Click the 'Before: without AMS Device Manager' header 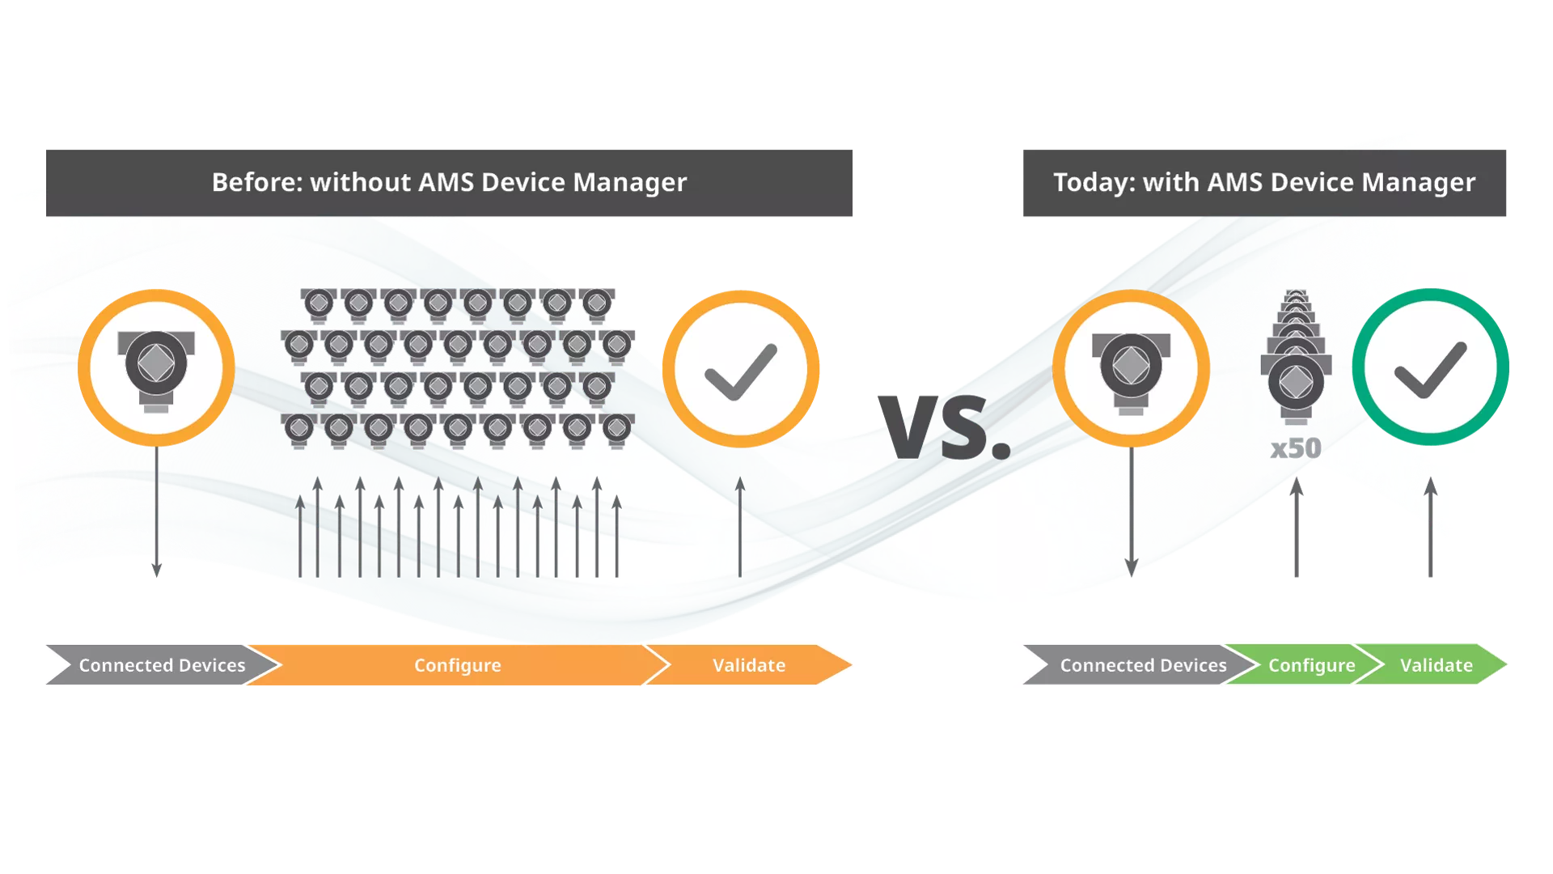(449, 183)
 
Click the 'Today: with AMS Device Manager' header (1264, 183)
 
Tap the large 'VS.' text (945, 427)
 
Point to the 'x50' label (1296, 448)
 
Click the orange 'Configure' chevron (458, 665)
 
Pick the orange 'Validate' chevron (748, 665)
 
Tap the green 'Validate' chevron (1432, 665)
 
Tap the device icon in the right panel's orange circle (1131, 373)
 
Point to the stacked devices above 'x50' (1296, 357)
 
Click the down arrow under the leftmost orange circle (157, 511)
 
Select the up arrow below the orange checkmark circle (740, 527)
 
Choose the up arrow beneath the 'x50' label (1297, 527)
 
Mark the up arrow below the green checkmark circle (1431, 527)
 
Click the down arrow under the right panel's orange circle (1132, 511)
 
